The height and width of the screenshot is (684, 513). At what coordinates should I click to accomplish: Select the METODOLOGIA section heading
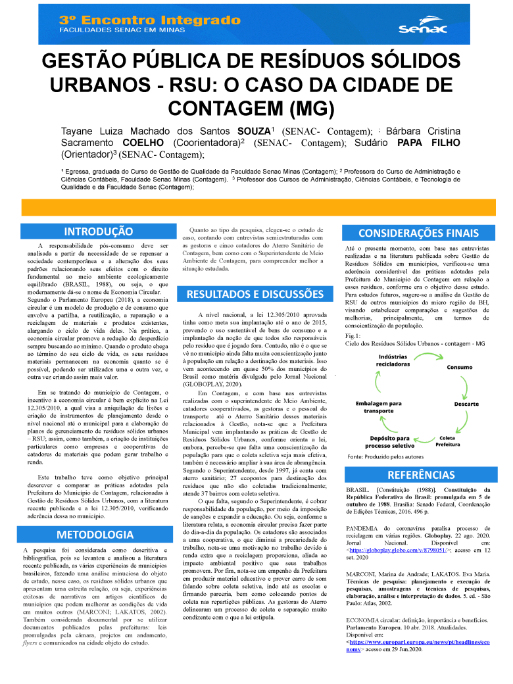tap(95, 534)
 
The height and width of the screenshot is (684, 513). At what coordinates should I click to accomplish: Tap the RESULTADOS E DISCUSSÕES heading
tap(255, 294)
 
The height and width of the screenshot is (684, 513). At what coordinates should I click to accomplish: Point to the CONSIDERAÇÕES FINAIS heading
tap(418, 233)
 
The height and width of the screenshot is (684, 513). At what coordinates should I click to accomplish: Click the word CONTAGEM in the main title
tap(222, 107)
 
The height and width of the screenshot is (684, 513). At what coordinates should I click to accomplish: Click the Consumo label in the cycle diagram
tap(460, 368)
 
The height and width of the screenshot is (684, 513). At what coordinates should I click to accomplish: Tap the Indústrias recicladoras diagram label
tap(393, 360)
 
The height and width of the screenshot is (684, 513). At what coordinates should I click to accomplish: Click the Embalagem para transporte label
tap(379, 406)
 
